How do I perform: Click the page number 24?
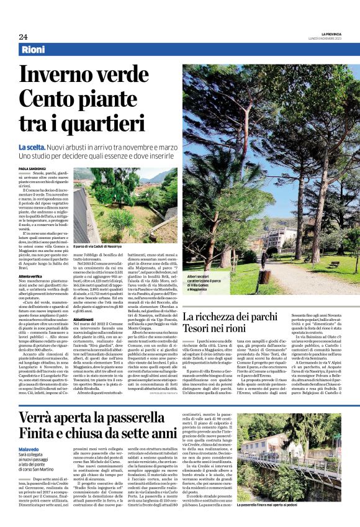click(x=23, y=36)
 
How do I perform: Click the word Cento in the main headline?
click(x=47, y=99)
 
